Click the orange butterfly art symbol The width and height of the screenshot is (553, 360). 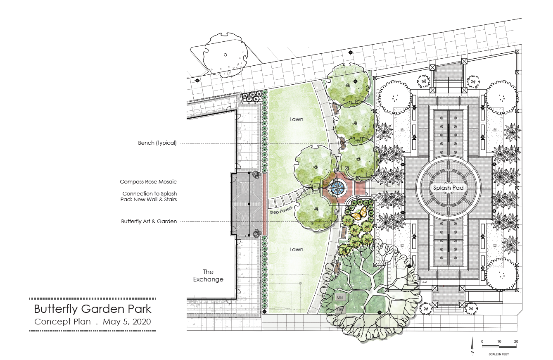click(x=359, y=213)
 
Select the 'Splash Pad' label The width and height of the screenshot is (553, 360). click(x=448, y=188)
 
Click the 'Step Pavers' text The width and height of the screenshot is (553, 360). click(x=281, y=210)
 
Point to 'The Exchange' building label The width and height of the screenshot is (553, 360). click(x=208, y=276)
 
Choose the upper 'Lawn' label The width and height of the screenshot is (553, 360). click(x=296, y=119)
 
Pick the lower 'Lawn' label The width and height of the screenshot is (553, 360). click(x=296, y=250)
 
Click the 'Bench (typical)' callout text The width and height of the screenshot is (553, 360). click(x=157, y=143)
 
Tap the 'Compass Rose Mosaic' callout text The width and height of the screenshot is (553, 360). click(x=148, y=181)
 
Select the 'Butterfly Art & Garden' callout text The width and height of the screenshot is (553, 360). click(x=149, y=222)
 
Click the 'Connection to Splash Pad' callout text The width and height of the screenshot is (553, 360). click(x=149, y=196)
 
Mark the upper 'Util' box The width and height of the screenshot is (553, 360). click(x=340, y=297)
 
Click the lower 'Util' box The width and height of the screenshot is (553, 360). click(x=340, y=309)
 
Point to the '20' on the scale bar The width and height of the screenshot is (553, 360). click(x=516, y=341)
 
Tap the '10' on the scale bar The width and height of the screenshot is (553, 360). click(x=499, y=341)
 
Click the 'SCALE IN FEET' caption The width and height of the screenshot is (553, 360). click(x=498, y=354)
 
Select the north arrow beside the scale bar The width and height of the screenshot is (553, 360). click(x=472, y=346)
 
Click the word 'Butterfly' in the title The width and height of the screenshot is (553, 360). click(x=56, y=309)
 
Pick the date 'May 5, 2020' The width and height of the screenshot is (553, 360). click(x=127, y=322)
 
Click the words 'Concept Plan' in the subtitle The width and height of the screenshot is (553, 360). click(x=62, y=322)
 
